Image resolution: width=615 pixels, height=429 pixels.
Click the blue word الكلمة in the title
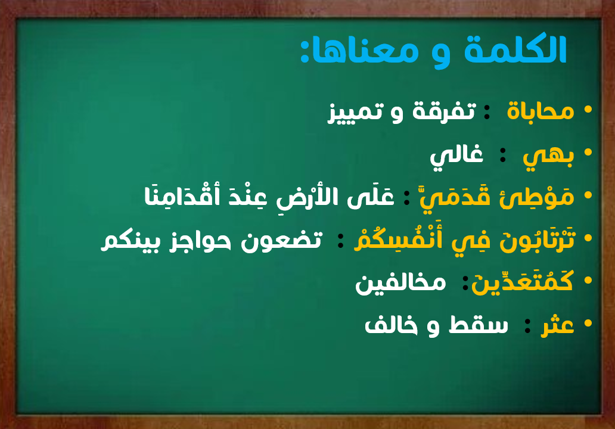[515, 50]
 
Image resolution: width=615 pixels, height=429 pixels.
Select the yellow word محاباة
[541, 111]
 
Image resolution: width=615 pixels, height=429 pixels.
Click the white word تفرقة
[444, 111]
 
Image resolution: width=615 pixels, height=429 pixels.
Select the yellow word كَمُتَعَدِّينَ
[523, 281]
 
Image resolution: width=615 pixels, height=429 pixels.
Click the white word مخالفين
[400, 282]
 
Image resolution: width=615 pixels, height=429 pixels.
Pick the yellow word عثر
[557, 325]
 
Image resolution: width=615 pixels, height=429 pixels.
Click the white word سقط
[479, 325]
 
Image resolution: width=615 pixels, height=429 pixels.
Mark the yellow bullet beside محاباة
[588, 110]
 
